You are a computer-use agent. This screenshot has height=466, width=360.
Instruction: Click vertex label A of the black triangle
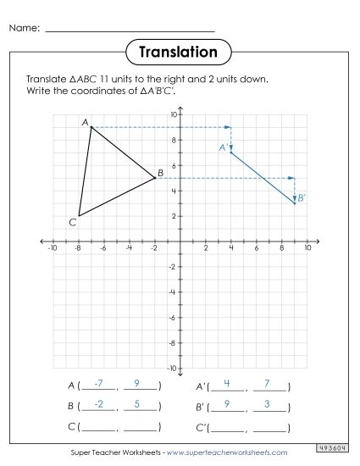(86, 122)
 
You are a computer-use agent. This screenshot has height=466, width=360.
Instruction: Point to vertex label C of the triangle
(73, 223)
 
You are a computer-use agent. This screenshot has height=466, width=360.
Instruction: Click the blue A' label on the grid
(223, 147)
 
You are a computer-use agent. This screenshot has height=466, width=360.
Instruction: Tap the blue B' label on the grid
(302, 197)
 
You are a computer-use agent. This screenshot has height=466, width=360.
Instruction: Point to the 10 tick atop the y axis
(173, 114)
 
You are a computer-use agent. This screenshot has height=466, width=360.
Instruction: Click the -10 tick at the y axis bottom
(172, 369)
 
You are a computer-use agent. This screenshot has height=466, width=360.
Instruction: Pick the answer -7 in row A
(99, 384)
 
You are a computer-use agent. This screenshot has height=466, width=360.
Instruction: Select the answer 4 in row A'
(227, 384)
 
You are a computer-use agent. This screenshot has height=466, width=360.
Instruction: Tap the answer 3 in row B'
(268, 404)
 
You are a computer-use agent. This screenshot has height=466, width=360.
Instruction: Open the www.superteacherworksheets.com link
(228, 453)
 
